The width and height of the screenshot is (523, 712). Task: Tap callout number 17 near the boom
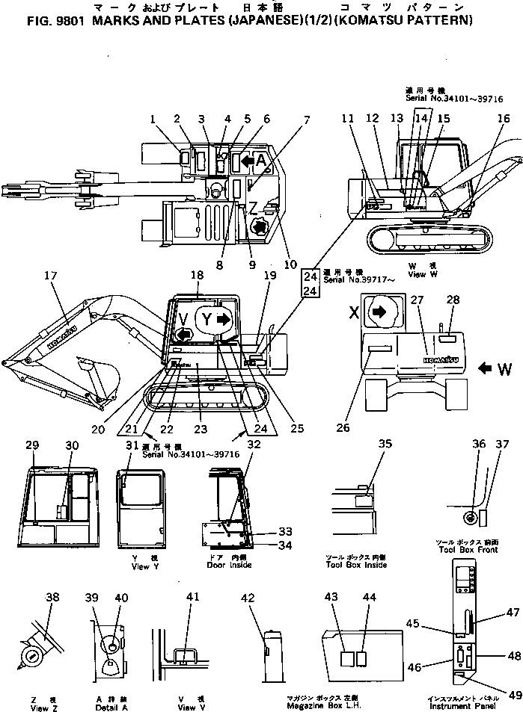tap(52, 276)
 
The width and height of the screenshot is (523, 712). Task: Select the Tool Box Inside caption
tap(356, 565)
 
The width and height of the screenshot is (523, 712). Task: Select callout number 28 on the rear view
tap(453, 300)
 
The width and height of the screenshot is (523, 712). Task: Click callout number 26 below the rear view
tap(342, 428)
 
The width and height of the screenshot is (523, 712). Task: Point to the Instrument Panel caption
tap(459, 705)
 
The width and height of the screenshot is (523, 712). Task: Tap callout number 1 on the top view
tap(153, 119)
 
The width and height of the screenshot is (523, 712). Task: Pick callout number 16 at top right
tap(504, 118)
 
